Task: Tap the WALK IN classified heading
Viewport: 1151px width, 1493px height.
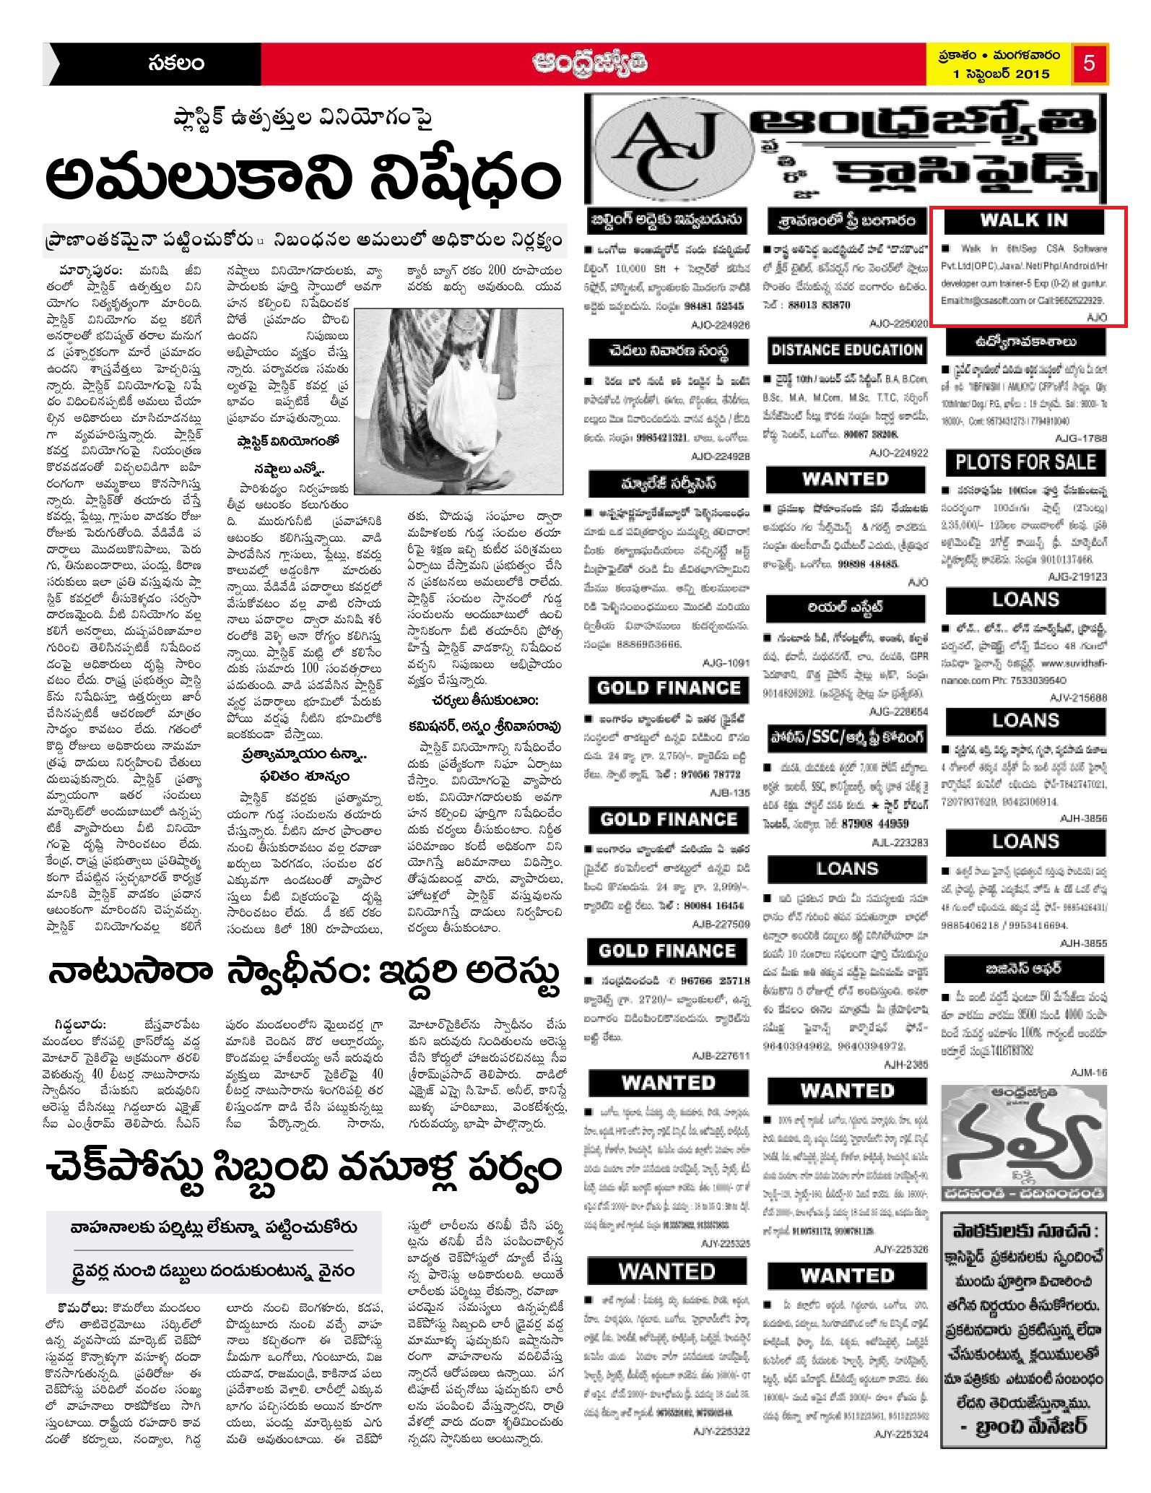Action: click(x=1023, y=220)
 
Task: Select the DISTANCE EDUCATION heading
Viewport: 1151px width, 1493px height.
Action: click(x=846, y=350)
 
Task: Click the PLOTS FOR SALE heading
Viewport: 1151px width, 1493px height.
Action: click(x=1025, y=462)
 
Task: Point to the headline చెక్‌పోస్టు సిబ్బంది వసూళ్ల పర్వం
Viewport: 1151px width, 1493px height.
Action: click(x=303, y=1169)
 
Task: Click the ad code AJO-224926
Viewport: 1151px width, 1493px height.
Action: click(x=720, y=325)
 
